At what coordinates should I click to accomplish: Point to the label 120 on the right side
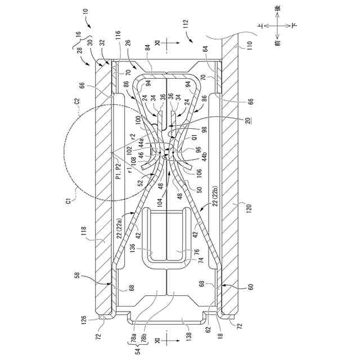[244, 206]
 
